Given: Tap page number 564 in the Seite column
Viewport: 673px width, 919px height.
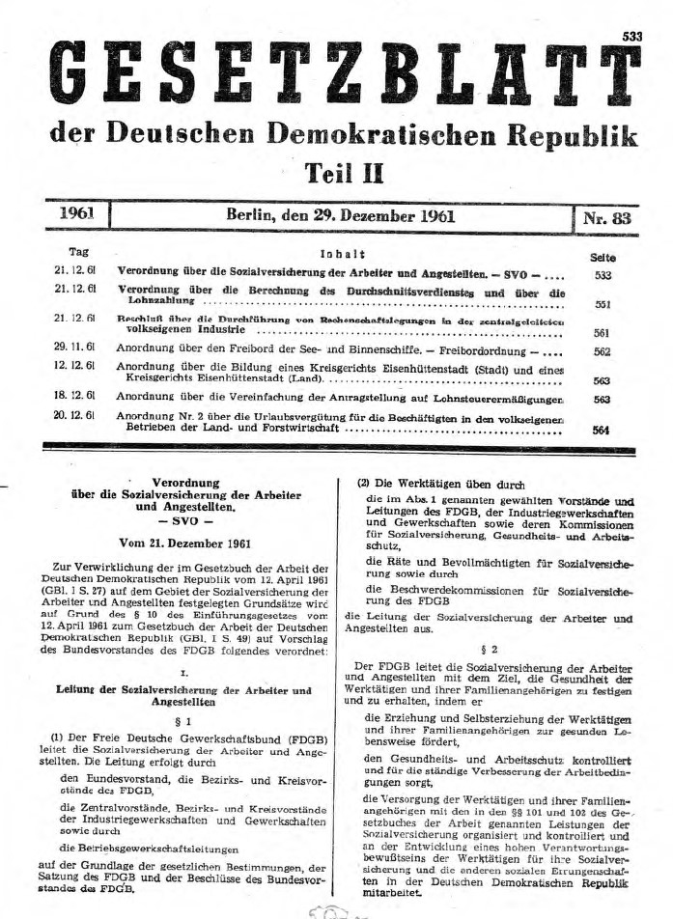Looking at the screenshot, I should click(602, 429).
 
